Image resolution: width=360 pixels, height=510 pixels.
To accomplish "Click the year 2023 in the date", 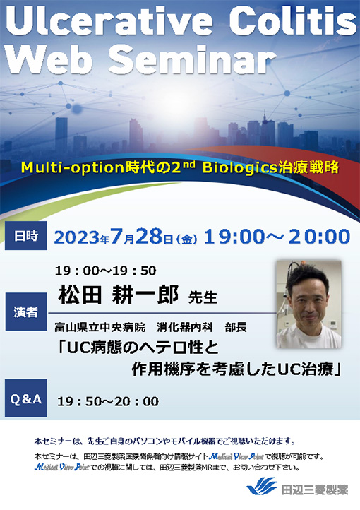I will point(78,236).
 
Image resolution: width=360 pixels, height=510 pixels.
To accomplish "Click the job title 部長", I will point(238,328).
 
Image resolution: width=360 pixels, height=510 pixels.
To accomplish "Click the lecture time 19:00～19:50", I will point(107,270).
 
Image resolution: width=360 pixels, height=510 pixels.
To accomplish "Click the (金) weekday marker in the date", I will point(186,237).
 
